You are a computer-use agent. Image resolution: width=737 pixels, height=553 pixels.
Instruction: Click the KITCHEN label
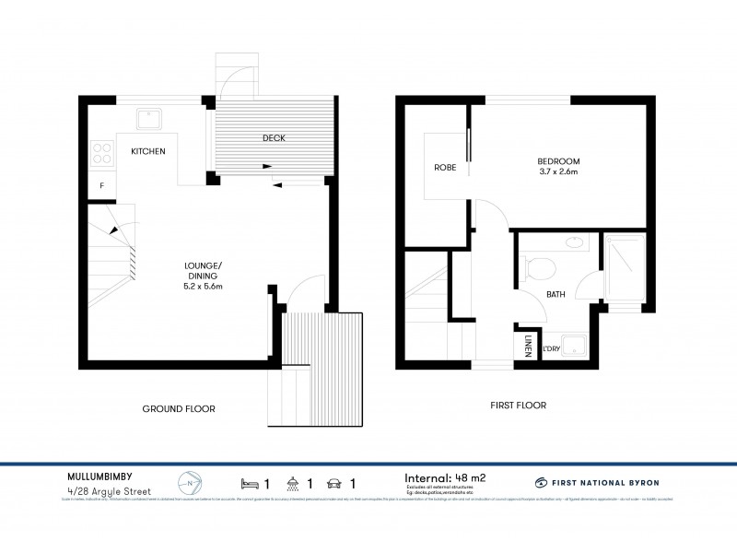[x=147, y=151]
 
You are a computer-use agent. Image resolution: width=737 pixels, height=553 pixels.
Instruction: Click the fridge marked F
[x=101, y=185]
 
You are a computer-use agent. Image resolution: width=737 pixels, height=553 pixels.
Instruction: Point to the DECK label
[x=274, y=138]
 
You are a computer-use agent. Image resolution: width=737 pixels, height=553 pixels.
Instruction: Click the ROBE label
[x=445, y=168]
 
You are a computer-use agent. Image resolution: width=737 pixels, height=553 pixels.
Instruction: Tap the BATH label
[x=556, y=295]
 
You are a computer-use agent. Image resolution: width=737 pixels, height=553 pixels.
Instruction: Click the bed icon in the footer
[x=249, y=482]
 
